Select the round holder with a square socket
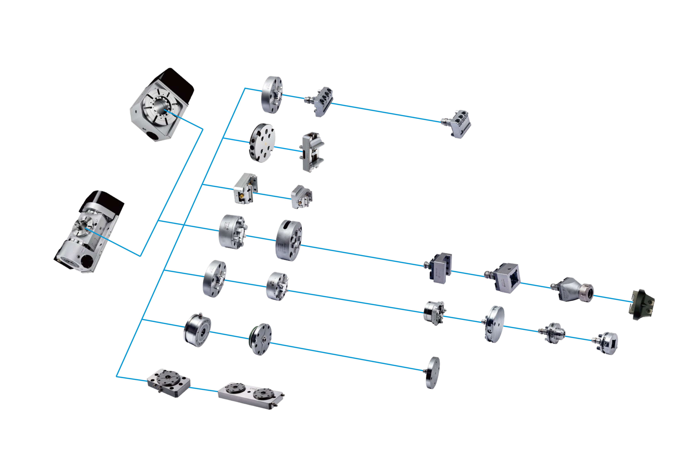click(609, 343)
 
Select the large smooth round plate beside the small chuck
click(494, 324)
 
